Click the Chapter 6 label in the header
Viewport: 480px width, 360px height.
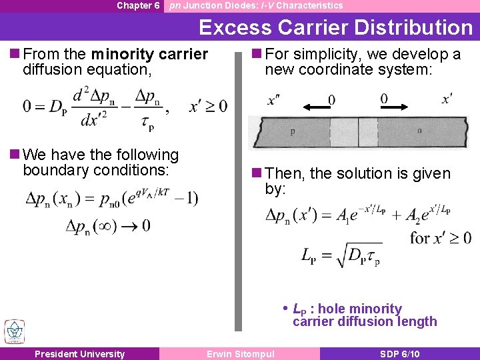pos(138,5)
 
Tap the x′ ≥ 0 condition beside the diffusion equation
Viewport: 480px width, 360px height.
pos(208,106)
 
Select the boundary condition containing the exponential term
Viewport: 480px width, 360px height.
pos(111,198)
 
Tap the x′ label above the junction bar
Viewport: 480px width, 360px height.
pos(447,99)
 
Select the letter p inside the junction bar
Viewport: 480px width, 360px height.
pos(293,132)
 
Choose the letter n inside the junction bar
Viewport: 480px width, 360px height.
pos(419,131)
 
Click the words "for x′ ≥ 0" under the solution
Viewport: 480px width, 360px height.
pos(441,237)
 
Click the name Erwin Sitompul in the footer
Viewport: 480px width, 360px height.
pos(241,354)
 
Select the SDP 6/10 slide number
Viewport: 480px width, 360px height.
pos(399,354)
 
